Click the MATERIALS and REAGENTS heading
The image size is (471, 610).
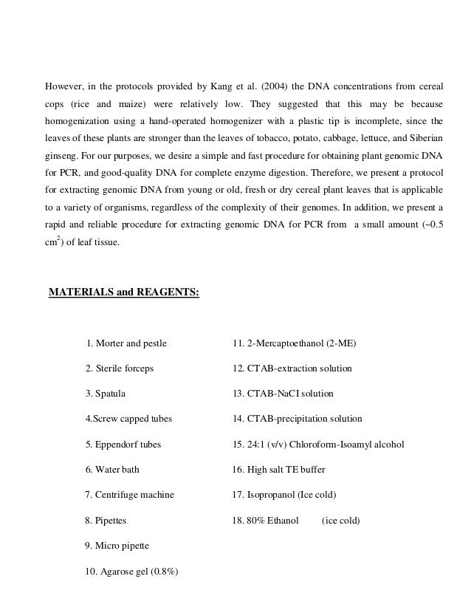(123, 292)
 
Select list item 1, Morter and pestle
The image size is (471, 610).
(126, 343)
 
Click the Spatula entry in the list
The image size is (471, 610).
(106, 394)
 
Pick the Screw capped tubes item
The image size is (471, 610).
(128, 419)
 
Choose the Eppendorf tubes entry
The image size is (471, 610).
(123, 445)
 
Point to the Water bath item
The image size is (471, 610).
(112, 470)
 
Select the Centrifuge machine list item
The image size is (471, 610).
(130, 495)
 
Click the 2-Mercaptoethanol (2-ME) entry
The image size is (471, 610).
(294, 343)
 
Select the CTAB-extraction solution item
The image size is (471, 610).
(292, 369)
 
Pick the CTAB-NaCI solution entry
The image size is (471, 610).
(283, 394)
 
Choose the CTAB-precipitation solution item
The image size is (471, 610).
(297, 419)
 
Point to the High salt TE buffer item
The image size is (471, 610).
(278, 470)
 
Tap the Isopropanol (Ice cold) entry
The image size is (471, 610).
(289, 495)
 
